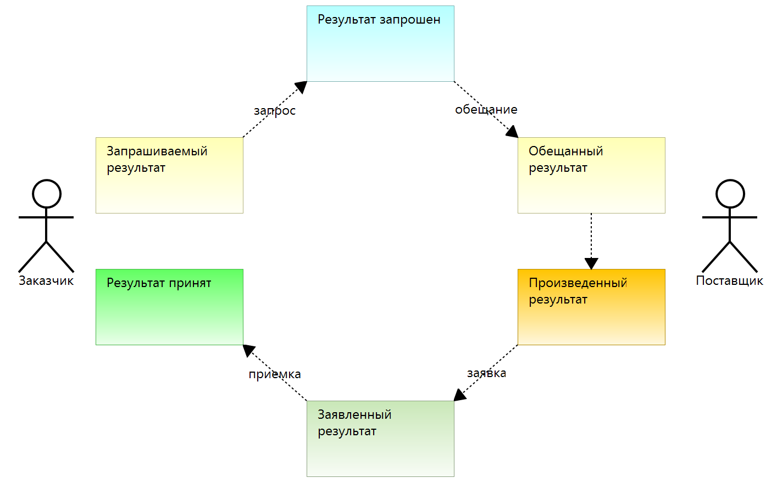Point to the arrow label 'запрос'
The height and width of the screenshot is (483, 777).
coord(275,111)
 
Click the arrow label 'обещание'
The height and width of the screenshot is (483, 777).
coord(486,110)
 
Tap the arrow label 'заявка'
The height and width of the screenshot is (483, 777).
coord(486,373)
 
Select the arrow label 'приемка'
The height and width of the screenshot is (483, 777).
coord(275,374)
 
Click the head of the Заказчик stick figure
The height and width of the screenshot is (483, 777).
coord(47,194)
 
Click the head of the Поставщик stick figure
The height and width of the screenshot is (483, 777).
coord(730,194)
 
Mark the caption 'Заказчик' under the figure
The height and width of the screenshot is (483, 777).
coord(46,281)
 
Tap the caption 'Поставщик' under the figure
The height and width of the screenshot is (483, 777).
coord(729,281)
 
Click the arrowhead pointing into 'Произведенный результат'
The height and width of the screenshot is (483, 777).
coord(591,264)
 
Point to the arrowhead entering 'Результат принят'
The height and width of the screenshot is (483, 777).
coord(248,350)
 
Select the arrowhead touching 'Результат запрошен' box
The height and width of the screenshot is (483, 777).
coord(301,87)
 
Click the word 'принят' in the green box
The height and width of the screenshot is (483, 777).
coord(190,283)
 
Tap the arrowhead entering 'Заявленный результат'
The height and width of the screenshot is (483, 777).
coord(459,396)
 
